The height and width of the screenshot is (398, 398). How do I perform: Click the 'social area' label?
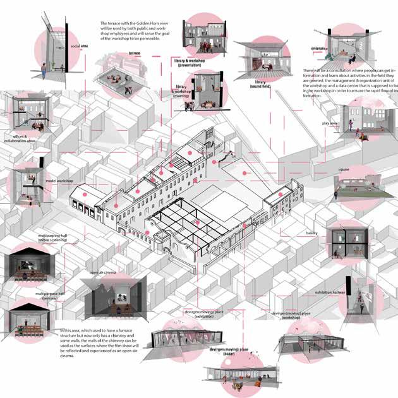pyautogui.click(x=79, y=46)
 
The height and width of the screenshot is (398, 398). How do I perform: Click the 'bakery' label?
pyautogui.click(x=311, y=233)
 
